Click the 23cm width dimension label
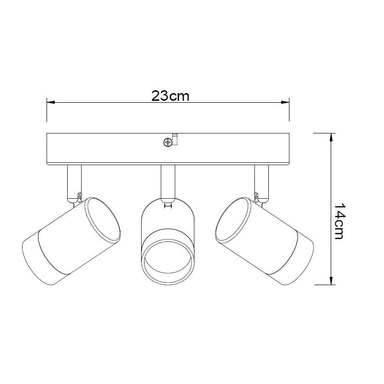(170, 96)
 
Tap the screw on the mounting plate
(168, 142)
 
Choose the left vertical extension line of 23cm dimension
(46, 110)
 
